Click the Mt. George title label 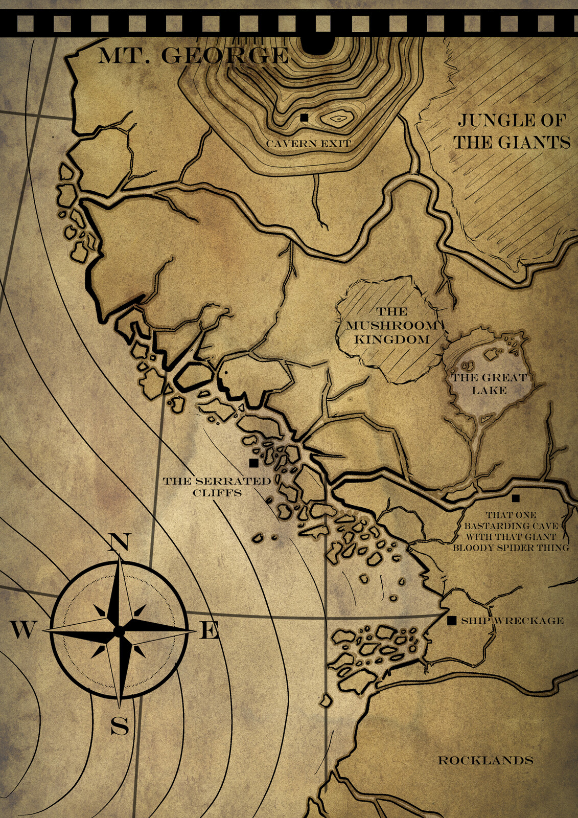193,56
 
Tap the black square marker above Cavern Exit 305,118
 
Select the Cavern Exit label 309,144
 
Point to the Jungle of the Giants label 512,131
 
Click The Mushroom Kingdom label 392,326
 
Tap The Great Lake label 489,384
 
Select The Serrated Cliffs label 217,487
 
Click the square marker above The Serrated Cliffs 253,463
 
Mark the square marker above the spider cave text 516,498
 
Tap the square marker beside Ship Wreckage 452,621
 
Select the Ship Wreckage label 512,621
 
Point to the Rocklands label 485,760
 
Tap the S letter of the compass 120,725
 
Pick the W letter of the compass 22,630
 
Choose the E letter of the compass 209,631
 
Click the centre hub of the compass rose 119,632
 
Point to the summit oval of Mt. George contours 337,119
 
